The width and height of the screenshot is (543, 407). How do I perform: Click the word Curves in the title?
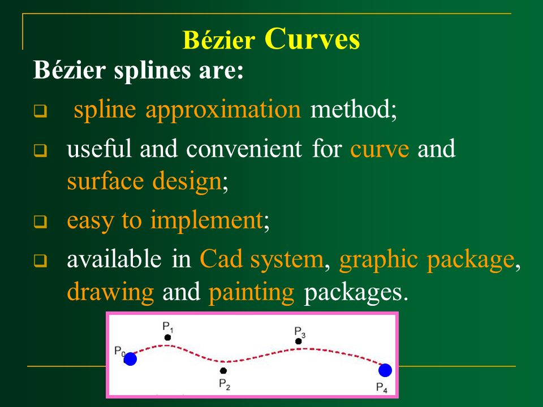(x=312, y=39)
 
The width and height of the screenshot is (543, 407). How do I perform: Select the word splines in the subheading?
(x=152, y=71)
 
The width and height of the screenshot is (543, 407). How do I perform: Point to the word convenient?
(x=244, y=149)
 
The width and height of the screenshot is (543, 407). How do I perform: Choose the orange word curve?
(x=380, y=149)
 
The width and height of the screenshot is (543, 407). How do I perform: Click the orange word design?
(x=187, y=181)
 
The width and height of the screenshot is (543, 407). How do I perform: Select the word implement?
(x=207, y=221)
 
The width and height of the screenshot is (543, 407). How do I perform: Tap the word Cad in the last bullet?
(x=221, y=259)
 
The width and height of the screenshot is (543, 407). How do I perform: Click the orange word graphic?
(x=378, y=260)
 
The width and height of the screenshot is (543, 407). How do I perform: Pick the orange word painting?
(x=251, y=293)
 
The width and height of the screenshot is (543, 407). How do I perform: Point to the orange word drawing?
(x=110, y=293)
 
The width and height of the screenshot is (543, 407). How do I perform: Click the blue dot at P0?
(x=130, y=359)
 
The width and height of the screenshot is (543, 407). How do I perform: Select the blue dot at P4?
(x=385, y=370)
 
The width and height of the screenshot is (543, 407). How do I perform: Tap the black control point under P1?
(x=167, y=337)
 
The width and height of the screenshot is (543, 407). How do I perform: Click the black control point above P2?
(x=223, y=371)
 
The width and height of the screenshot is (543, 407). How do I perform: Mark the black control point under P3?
(x=299, y=341)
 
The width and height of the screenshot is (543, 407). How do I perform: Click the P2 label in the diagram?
(x=225, y=384)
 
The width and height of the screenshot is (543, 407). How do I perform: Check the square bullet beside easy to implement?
(x=40, y=222)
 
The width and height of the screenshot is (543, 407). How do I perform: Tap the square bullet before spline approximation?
(x=40, y=111)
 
